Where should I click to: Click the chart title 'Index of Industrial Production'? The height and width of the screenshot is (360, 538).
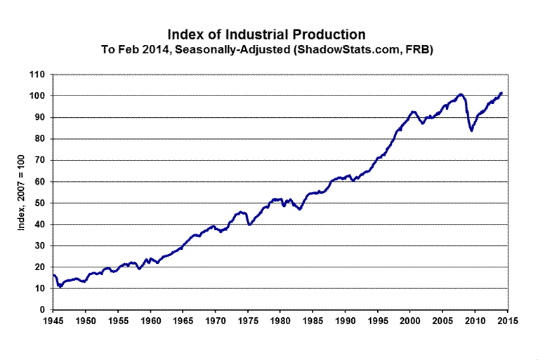point(266,34)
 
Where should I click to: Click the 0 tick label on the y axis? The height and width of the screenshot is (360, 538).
point(44,309)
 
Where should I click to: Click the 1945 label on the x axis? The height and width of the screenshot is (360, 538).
point(54,321)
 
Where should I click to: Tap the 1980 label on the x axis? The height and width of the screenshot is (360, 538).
point(280,321)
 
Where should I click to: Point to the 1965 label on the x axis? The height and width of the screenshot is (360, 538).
point(183,321)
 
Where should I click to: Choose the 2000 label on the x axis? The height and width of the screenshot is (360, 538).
point(410,321)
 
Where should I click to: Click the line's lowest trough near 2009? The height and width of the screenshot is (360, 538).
point(471,131)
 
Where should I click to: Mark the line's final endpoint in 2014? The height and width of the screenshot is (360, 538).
point(501,93)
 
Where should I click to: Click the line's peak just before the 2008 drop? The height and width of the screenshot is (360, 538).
point(461,94)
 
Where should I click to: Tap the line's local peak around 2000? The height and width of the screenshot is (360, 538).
point(413,111)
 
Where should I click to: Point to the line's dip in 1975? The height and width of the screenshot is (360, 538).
point(249,225)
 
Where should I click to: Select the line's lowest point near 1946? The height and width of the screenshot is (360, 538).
point(60,286)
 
